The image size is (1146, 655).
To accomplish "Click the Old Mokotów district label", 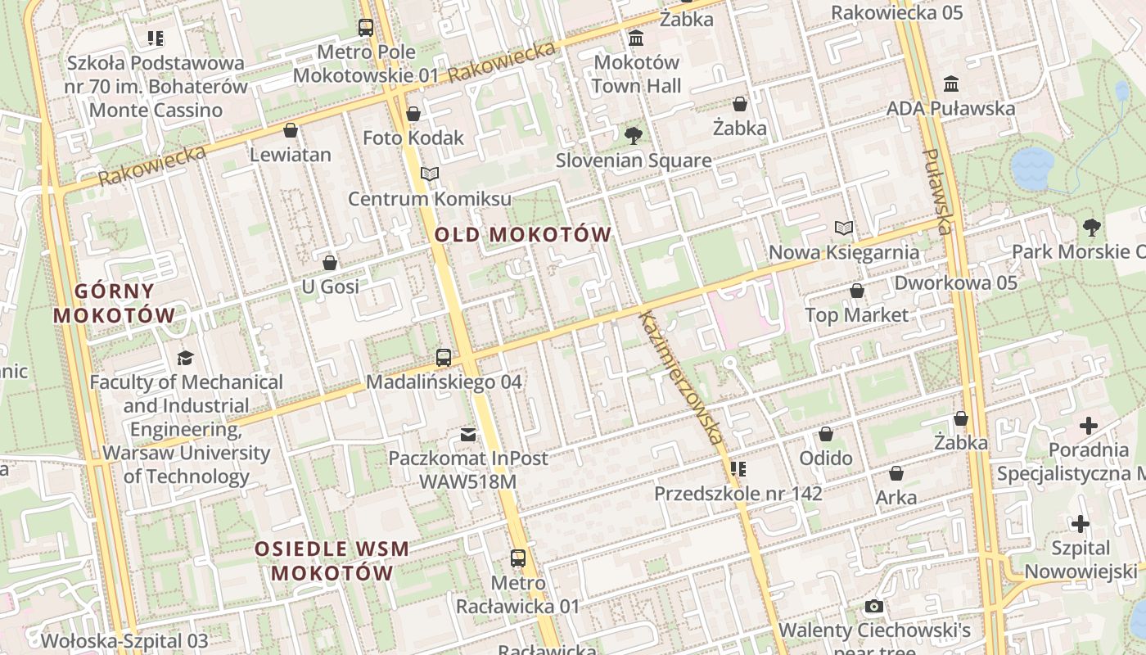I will [522, 235].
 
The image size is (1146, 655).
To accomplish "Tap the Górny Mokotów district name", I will [115, 303].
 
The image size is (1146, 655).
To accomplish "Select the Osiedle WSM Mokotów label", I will [332, 561].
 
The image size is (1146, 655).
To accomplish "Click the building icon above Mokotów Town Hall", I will [636, 38].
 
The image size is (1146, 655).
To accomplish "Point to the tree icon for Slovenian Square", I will [633, 135].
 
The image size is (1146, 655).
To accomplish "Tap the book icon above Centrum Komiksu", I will [430, 174].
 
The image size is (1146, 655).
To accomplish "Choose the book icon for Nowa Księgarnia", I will [844, 228].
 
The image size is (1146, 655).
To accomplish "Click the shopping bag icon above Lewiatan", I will [291, 130].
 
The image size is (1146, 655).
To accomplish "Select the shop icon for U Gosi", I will [330, 263].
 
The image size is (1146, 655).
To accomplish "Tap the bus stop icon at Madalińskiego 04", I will [444, 357].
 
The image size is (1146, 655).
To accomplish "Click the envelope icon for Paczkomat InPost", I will [468, 434].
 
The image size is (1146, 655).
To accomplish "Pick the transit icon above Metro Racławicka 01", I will [518, 558].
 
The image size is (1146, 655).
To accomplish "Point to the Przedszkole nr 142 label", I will [738, 494].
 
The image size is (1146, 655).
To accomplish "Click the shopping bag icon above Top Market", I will [857, 291].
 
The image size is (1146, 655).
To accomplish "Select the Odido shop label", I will [826, 458].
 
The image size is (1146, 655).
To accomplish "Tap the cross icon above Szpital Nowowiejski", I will [1081, 524].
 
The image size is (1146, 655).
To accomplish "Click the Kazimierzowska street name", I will [681, 377].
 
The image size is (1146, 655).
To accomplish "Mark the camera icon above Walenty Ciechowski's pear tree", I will [874, 607].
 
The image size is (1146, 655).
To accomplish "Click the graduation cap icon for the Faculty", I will [186, 358].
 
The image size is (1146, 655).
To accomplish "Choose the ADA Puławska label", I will [951, 108].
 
